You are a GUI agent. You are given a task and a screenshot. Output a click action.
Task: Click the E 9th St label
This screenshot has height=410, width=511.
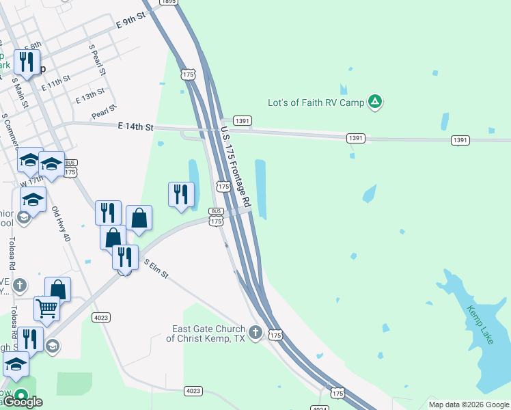132,22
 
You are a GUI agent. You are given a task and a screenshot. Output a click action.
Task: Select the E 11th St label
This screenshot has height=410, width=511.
56,83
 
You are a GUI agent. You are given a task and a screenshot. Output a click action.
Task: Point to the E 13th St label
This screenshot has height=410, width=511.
90,95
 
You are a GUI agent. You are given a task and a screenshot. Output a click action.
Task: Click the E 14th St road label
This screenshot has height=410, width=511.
136,127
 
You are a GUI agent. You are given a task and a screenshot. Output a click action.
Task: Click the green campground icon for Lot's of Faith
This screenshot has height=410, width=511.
374,102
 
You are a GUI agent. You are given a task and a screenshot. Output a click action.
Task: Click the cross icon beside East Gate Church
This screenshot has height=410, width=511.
255,333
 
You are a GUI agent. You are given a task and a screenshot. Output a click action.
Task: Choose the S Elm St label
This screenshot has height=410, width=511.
155,269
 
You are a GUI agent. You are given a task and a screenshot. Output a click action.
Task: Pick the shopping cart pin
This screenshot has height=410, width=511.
47,308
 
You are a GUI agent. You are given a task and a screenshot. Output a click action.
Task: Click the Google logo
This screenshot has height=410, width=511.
24,402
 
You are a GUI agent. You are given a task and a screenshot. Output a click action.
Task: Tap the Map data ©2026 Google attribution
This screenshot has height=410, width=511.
469,405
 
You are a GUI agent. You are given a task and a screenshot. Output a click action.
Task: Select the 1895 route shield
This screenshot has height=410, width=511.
168,2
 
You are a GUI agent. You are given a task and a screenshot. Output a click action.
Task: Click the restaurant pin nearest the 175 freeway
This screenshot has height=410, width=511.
181,195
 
